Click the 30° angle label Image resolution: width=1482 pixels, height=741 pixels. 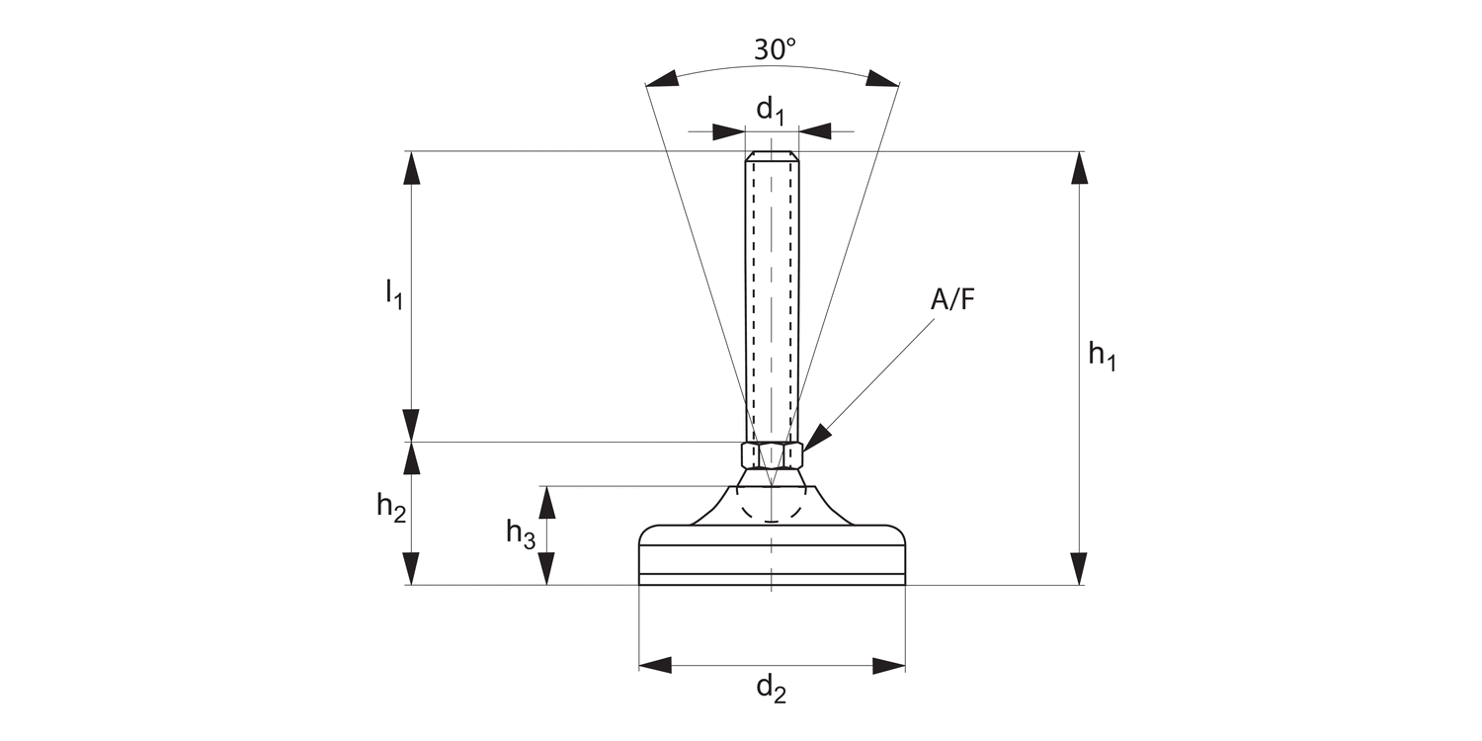[775, 49]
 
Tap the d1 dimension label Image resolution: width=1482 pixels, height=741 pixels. [770, 112]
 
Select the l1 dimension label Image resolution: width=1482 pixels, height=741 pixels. [393, 293]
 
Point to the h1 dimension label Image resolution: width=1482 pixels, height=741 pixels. [1102, 356]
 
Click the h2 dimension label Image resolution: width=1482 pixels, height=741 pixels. [391, 508]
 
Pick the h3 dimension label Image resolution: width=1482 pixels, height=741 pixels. [521, 534]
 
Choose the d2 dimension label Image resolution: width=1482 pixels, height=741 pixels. [772, 689]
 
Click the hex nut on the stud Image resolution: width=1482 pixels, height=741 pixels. [772, 455]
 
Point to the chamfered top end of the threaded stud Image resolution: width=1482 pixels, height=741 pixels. [772, 155]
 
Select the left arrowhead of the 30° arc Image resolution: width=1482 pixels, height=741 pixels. [661, 79]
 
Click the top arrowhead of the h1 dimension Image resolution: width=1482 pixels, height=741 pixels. [1079, 168]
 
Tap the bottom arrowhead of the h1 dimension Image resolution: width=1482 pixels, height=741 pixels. [1079, 568]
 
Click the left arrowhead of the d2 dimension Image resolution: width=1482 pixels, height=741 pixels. [656, 665]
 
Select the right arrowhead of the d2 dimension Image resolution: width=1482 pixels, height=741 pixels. [888, 665]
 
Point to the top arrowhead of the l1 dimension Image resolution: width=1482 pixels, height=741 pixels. [412, 168]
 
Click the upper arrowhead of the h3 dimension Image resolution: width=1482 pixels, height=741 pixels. [546, 502]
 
